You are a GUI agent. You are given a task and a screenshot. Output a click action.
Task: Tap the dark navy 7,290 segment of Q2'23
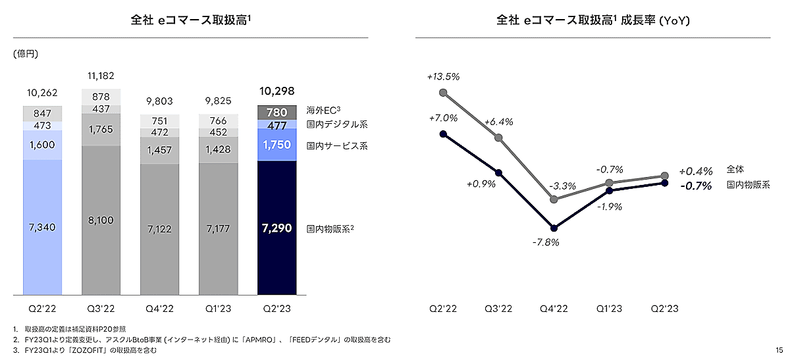[x=276, y=228]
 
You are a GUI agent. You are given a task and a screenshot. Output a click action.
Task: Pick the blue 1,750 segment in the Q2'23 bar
[x=276, y=145]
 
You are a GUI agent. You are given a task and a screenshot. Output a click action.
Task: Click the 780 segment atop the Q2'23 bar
[x=276, y=112]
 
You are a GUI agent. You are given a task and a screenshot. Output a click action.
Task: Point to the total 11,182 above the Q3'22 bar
[x=101, y=76]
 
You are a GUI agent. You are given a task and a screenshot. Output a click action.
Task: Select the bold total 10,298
[x=276, y=91]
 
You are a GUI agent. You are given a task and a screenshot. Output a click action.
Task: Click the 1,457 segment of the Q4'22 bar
[x=159, y=151]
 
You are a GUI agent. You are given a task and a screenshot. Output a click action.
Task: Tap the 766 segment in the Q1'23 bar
[x=218, y=120]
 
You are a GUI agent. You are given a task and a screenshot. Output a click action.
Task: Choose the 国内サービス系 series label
[x=337, y=145]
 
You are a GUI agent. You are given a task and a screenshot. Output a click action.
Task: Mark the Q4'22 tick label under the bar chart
[x=159, y=309]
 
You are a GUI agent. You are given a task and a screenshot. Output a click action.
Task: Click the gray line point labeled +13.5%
[x=443, y=93]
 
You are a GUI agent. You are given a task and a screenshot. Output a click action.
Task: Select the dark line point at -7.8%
[x=554, y=228]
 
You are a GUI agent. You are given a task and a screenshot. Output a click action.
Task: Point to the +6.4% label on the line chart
[x=498, y=122]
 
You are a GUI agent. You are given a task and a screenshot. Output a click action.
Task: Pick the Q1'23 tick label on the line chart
[x=610, y=309]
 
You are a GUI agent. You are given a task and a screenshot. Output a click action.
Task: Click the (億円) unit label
[x=26, y=54]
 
